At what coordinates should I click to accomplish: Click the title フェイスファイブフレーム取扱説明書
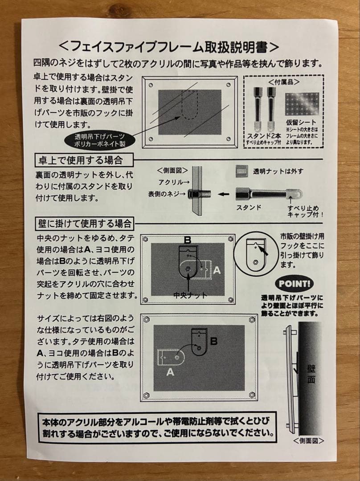pyautogui.click(x=168, y=47)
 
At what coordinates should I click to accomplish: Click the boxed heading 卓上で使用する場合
pyautogui.click(x=84, y=160)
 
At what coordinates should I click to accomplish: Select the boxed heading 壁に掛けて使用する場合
pyautogui.click(x=85, y=224)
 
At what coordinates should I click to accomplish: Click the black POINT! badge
pyautogui.click(x=295, y=283)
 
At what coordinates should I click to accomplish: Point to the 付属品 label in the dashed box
pyautogui.click(x=284, y=82)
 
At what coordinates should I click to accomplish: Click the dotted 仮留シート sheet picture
pyautogui.click(x=302, y=105)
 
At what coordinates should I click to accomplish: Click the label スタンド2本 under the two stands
pyautogui.click(x=264, y=136)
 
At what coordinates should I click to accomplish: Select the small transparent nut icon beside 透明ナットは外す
pyautogui.click(x=242, y=171)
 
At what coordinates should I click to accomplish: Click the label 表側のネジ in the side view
pyautogui.click(x=167, y=194)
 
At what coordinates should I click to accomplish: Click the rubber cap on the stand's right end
pyautogui.click(x=295, y=194)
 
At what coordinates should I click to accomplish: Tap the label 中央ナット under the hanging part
pyautogui.click(x=190, y=295)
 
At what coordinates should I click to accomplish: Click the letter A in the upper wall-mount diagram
pyautogui.click(x=217, y=270)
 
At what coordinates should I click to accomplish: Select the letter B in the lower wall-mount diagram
pyautogui.click(x=214, y=341)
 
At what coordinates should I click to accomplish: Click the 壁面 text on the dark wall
pyautogui.click(x=311, y=374)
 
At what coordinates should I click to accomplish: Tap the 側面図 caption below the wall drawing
pyautogui.click(x=308, y=441)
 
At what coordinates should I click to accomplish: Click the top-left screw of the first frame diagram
pyautogui.click(x=151, y=85)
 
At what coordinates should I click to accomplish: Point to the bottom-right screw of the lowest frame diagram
pyautogui.click(x=252, y=395)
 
